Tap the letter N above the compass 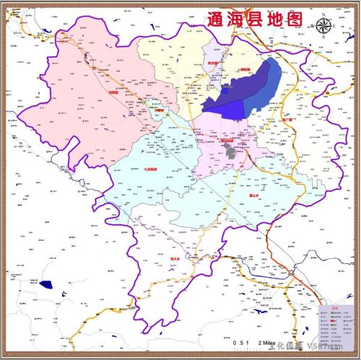(x=325, y=15)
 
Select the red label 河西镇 (x=110, y=92)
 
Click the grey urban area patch (x=231, y=152)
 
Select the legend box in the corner (x=336, y=324)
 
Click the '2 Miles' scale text (x=264, y=341)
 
